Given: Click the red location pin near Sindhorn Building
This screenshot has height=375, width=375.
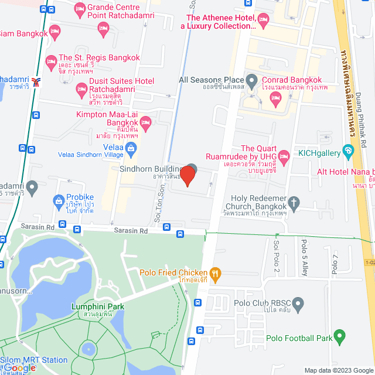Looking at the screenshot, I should coord(187,175).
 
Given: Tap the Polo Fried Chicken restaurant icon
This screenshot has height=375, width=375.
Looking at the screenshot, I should coord(216,272).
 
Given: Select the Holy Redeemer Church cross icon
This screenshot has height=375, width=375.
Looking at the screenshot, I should coord(295,204).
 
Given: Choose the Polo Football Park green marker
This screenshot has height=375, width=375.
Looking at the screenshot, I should coord(338,337).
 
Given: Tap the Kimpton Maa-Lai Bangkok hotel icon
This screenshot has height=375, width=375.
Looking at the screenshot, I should coord(146,122).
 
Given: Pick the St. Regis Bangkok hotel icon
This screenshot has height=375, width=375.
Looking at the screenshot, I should coord(51,60).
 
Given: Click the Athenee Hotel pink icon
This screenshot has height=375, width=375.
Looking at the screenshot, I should coord(263,22).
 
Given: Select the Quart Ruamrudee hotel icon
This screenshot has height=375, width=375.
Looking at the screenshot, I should coord(284,156).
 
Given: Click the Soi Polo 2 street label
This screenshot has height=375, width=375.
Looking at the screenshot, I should coord(276,250).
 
